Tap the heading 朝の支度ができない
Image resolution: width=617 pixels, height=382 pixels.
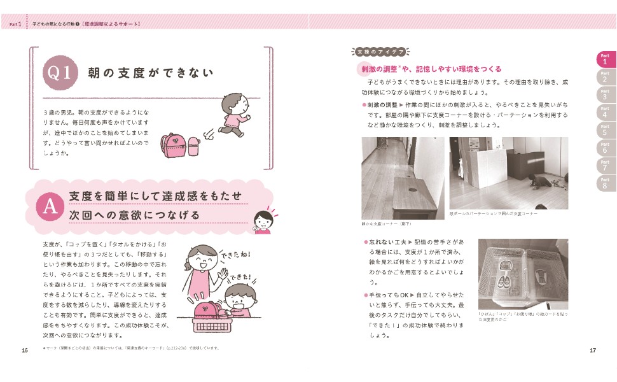coord(150,73)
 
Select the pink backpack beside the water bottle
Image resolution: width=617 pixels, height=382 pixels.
coord(174,146)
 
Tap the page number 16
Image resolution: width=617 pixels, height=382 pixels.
coord(24,350)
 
